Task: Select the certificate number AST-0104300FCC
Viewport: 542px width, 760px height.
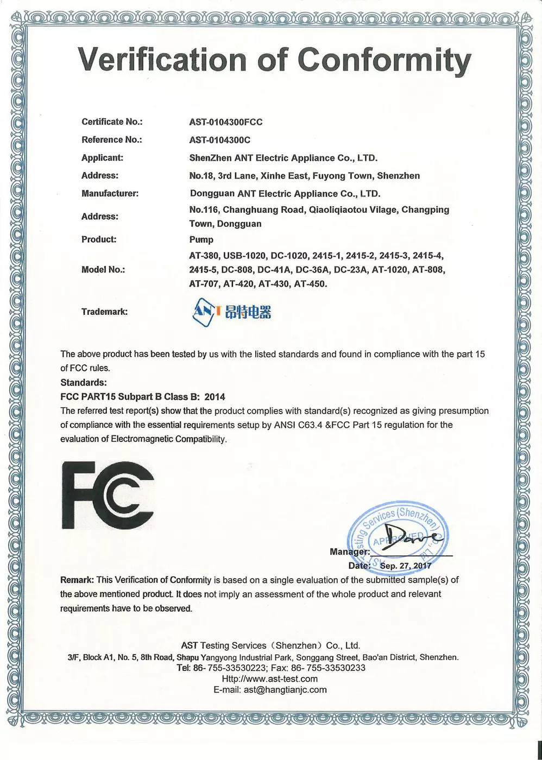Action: pos(225,122)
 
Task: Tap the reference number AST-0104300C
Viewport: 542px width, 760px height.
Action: pos(219,140)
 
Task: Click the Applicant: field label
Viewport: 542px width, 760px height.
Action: pos(102,158)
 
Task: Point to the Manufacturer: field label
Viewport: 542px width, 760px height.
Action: pos(110,194)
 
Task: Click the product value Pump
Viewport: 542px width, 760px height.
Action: pos(201,239)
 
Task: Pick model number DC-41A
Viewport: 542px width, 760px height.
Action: pos(275,270)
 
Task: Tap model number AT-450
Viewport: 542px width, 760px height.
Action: pos(310,284)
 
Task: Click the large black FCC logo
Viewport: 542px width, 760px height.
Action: pos(108,495)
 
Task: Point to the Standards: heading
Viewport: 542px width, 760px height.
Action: pos(84,383)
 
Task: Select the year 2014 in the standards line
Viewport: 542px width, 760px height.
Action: pos(215,397)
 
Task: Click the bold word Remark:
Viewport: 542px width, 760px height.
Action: pos(77,580)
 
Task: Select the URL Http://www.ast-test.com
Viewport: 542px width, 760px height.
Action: pos(270,679)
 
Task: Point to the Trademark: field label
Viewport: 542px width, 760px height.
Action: pos(104,312)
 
